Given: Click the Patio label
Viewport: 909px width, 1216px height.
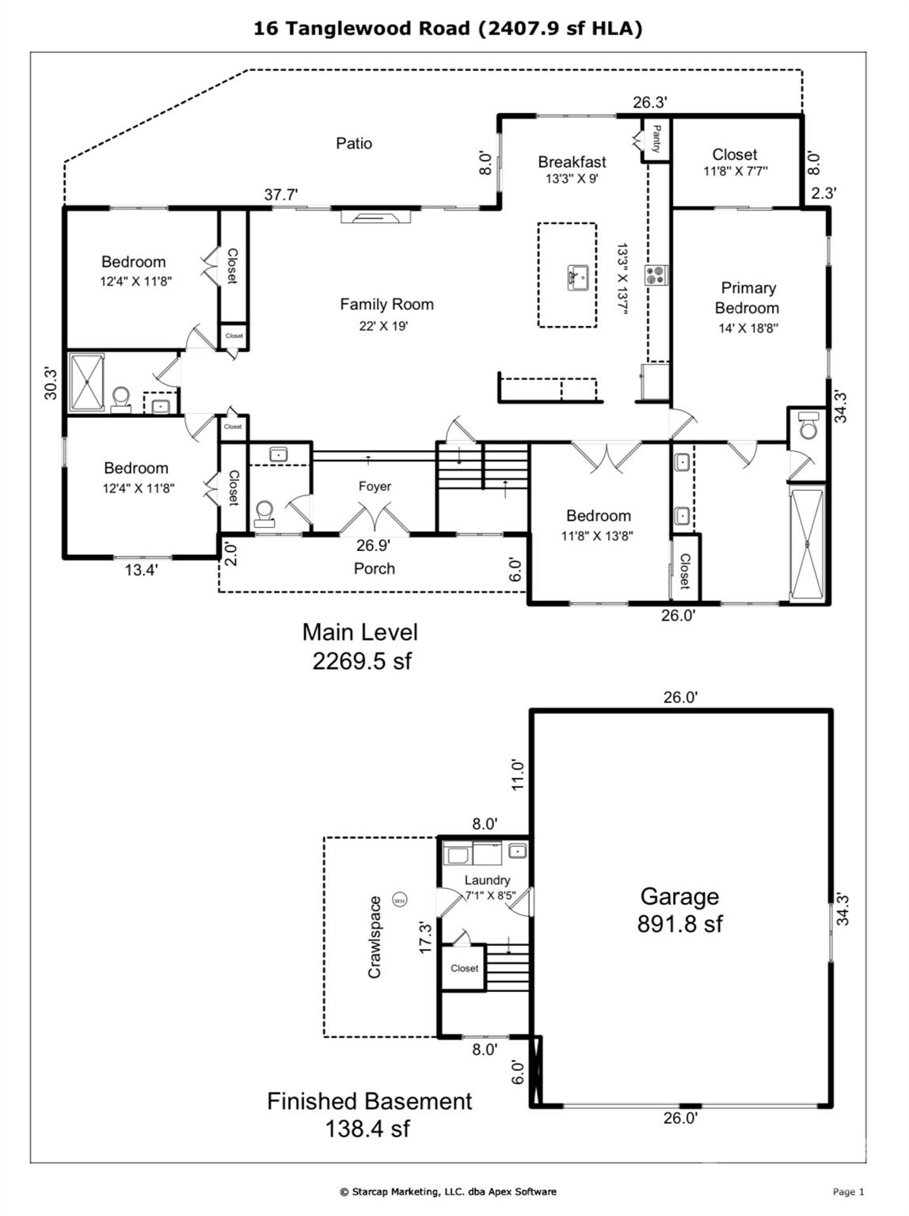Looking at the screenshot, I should [354, 143].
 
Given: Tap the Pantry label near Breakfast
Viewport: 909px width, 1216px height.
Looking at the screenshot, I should [656, 139].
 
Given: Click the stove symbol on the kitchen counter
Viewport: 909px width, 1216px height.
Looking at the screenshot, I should [656, 275].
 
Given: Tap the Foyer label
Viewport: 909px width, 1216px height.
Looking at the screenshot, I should [375, 486].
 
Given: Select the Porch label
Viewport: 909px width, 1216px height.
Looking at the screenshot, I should [374, 568].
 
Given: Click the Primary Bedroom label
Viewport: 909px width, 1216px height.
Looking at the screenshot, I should [747, 298].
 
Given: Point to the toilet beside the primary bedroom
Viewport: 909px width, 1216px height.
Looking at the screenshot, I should [808, 425].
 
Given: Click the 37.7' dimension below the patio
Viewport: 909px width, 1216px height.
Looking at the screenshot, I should [281, 194].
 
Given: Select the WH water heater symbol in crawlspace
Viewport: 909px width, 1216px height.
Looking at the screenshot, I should [400, 900].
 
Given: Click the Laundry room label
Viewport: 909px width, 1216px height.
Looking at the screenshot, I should [487, 880].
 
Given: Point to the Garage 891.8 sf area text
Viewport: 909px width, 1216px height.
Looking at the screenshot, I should [679, 924].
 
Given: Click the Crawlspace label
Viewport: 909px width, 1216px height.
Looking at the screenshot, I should [375, 937].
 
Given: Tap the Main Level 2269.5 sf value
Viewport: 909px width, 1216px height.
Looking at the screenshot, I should [362, 660].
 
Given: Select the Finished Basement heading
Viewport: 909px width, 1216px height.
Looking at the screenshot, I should [369, 1101].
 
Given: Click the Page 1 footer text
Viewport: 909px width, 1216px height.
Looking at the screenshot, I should [848, 1191].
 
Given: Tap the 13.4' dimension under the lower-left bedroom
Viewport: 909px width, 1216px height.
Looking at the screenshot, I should [141, 569].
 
